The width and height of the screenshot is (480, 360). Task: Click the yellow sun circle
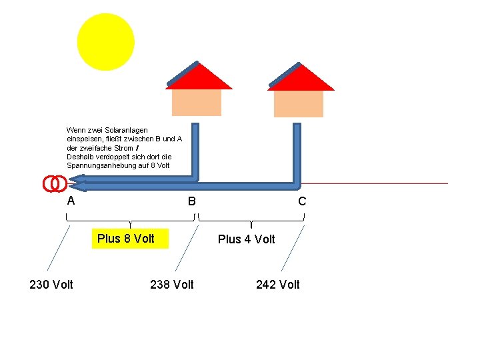(105, 41)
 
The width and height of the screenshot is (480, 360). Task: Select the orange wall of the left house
(196, 102)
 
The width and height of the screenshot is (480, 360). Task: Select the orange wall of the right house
(298, 103)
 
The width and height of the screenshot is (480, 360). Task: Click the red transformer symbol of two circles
(54, 183)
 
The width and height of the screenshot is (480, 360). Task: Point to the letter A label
(71, 201)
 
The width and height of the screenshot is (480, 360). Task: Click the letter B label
(191, 201)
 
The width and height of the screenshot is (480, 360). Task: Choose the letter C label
(302, 201)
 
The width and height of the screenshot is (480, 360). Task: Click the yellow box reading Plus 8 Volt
(126, 238)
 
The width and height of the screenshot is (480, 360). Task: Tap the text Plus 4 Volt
(246, 239)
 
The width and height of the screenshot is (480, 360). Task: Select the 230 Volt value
(51, 285)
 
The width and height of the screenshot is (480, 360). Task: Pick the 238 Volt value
(172, 285)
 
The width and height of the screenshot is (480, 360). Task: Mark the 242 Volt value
(278, 285)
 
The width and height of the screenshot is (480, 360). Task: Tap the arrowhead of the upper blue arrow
(77, 177)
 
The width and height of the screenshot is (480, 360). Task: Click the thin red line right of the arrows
(380, 183)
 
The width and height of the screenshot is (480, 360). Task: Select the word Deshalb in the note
(79, 156)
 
